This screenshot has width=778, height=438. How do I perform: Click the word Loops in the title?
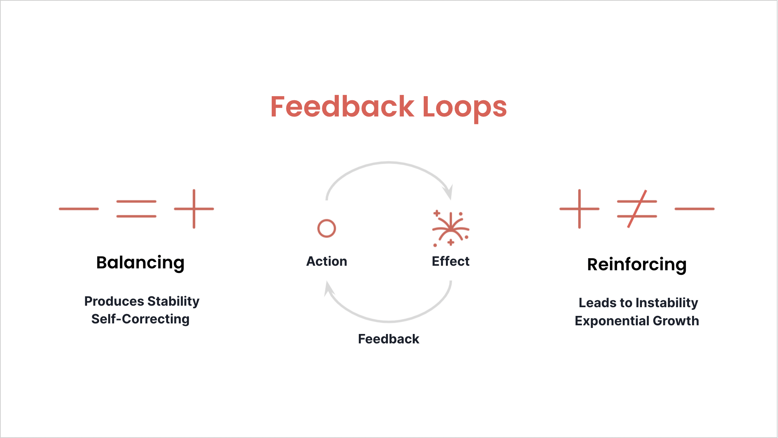(464, 107)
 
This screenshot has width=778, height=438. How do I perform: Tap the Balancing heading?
(140, 263)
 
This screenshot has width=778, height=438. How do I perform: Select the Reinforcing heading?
(637, 264)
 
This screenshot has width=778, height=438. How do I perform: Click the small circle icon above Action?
(326, 228)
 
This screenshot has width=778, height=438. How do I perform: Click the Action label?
(326, 261)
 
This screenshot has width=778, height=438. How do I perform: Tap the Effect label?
(450, 261)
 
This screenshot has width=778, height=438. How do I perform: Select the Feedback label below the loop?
(388, 339)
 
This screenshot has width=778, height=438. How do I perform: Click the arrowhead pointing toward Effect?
(449, 192)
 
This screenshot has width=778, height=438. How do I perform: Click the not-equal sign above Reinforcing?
(637, 209)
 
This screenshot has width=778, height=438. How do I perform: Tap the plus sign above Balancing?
(194, 209)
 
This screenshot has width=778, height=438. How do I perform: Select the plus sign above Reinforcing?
(579, 209)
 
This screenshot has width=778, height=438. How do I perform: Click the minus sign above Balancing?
(79, 209)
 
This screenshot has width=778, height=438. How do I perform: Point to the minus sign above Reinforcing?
(694, 209)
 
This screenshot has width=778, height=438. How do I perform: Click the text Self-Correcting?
(140, 319)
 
